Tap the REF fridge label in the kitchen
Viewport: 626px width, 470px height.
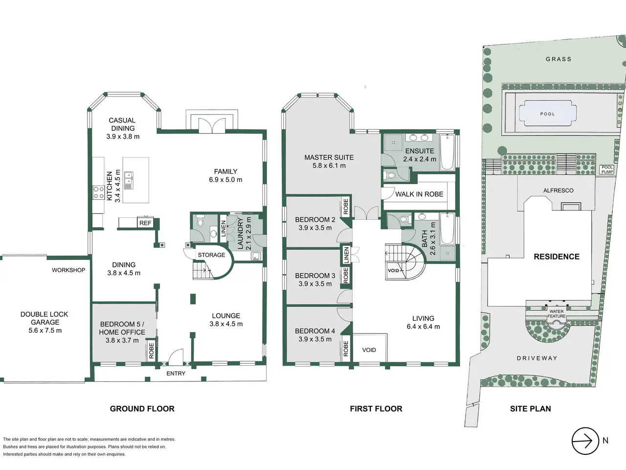145,223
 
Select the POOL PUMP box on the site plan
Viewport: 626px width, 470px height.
607,169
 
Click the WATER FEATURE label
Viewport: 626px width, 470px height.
557,314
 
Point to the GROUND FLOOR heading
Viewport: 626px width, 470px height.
142,409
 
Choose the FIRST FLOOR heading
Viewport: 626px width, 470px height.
376,409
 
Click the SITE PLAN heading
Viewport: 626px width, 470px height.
531,409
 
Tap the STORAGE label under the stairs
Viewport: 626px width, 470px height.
211,255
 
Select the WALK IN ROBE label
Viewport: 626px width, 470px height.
419,194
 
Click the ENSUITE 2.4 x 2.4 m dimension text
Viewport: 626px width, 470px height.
420,159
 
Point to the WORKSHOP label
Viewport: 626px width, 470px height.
68,270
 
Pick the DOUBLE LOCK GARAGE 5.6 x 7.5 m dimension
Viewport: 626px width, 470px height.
45,330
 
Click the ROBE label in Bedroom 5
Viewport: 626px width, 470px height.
152,351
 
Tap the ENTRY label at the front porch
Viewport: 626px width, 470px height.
176,373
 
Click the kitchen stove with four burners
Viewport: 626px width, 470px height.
99,192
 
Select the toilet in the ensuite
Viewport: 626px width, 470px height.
389,175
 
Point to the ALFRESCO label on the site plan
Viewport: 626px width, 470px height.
558,190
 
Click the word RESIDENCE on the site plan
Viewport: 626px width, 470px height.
557,257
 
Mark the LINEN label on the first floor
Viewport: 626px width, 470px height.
346,255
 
